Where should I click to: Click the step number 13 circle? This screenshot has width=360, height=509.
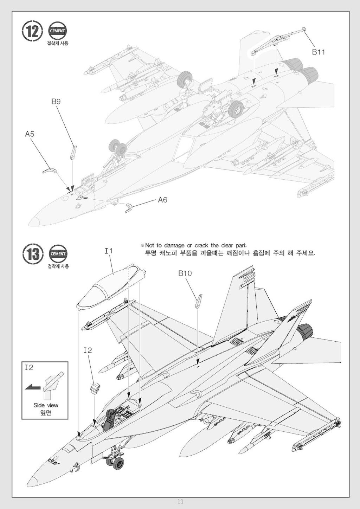33,253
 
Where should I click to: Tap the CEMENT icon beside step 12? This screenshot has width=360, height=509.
57,31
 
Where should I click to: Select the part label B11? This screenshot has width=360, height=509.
319,52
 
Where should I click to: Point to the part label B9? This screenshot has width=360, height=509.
56,102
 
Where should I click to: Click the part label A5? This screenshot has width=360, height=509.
30,134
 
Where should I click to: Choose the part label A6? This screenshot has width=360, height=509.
162,200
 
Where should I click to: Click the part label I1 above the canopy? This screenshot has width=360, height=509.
108,251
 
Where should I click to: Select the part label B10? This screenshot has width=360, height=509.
185,273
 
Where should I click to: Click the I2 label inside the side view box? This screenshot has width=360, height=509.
28,367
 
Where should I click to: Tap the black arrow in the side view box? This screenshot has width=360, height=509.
32,387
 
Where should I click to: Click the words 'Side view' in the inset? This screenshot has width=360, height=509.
46,405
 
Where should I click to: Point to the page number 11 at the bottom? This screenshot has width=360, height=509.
180,502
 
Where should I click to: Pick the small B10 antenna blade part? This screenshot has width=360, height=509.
199,301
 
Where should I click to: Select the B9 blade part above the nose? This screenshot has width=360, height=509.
73,152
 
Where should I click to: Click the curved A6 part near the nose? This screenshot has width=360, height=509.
129,207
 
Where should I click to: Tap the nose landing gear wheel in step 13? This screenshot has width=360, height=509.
118,463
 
